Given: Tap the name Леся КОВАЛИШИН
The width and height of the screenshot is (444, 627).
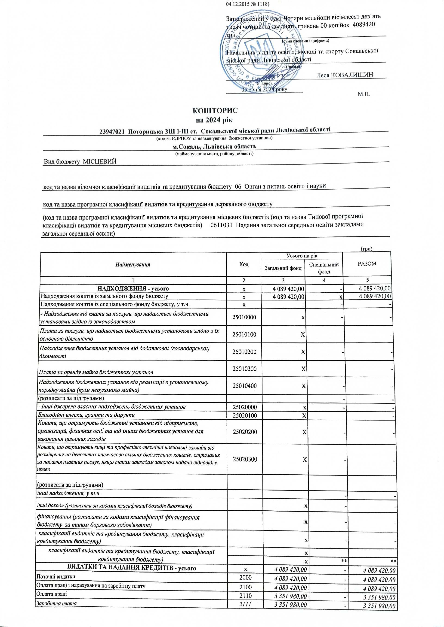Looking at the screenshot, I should pyautogui.click(x=345, y=75).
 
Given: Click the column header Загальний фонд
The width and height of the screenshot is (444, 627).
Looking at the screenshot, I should pyautogui.click(x=283, y=268).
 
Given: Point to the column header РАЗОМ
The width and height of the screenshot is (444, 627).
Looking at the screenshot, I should pyautogui.click(x=367, y=264).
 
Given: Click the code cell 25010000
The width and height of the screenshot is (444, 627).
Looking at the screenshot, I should pyautogui.click(x=244, y=317).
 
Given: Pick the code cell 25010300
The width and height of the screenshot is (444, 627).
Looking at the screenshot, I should pyautogui.click(x=244, y=369).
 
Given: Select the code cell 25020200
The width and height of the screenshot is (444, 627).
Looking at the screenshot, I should pyautogui.click(x=245, y=432).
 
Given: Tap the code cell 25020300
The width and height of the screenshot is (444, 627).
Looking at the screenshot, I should pyautogui.click(x=245, y=459).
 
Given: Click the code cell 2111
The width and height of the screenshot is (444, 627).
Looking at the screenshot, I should pyautogui.click(x=245, y=605).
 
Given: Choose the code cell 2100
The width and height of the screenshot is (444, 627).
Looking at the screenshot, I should pyautogui.click(x=245, y=587).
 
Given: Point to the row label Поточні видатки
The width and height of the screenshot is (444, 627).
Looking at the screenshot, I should pyautogui.click(x=56, y=576).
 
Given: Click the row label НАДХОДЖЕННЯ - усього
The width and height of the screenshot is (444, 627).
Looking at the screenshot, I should pyautogui.click(x=133, y=289).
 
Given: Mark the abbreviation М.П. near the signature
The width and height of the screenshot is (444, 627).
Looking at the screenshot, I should pyautogui.click(x=364, y=94).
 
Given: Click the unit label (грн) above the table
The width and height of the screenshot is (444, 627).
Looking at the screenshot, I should pyautogui.click(x=367, y=249).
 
